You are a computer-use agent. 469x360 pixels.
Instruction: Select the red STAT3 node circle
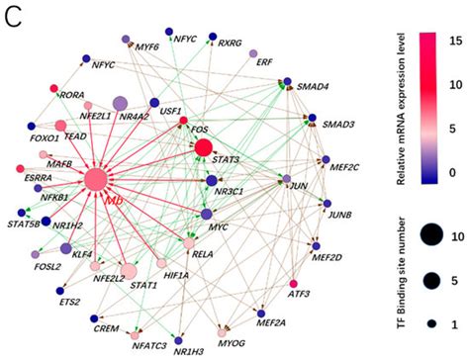point(204,147)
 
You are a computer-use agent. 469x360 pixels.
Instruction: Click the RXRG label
point(231,44)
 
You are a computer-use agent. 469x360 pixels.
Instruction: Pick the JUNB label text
point(339,213)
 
